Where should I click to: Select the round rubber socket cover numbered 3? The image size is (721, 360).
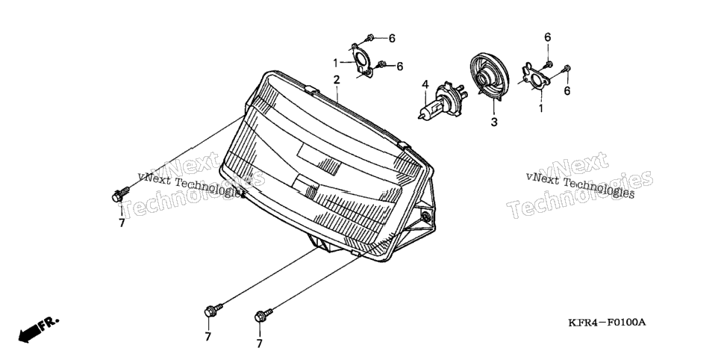(490, 76)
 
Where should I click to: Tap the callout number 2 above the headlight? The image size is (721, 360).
(337, 80)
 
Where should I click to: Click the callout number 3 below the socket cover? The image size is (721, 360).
(494, 122)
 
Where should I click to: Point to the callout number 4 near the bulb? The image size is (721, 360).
(425, 84)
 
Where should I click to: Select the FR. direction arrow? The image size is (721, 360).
(38, 329)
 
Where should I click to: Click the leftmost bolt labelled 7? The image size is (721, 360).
(120, 194)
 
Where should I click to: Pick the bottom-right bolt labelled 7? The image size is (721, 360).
(263, 315)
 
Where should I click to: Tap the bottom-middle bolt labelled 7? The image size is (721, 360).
(213, 310)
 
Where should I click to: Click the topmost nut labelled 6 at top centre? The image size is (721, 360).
(371, 38)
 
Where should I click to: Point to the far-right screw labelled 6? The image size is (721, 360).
(566, 69)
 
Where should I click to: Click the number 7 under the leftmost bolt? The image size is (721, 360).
(122, 223)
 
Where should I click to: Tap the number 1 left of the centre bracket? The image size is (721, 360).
(336, 62)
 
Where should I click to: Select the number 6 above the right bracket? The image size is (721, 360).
(548, 37)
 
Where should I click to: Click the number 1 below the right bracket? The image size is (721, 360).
(540, 109)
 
